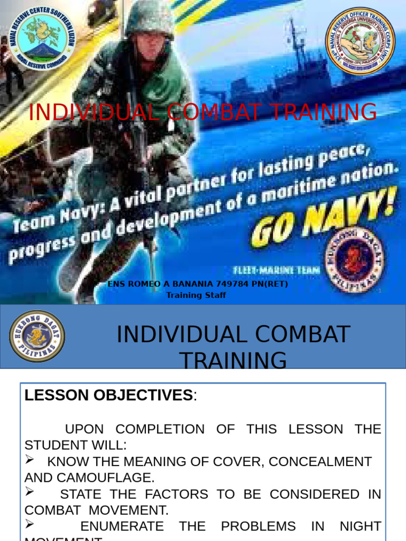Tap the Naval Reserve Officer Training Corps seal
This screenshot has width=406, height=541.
[359, 41]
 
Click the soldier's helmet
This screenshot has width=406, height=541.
[150, 18]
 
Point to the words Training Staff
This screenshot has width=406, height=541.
[196, 295]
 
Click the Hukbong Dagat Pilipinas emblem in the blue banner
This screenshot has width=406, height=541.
[37, 336]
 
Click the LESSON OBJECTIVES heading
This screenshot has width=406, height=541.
[108, 395]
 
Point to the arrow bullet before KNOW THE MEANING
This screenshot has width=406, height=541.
[31, 460]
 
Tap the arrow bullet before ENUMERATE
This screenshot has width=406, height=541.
[31, 525]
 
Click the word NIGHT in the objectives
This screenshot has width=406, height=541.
[361, 526]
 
